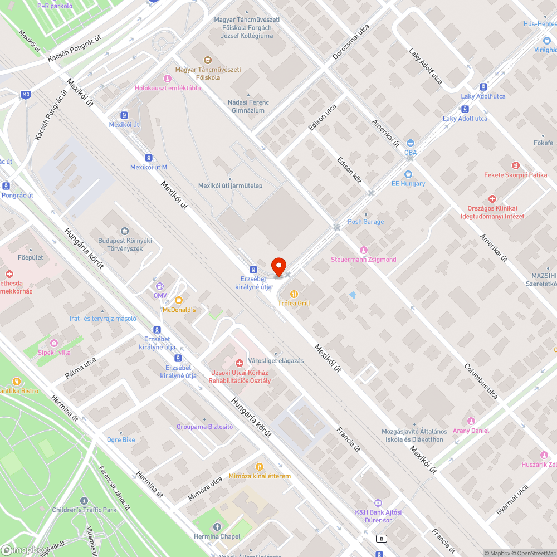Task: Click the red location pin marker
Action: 278,266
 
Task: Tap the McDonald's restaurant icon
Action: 179,300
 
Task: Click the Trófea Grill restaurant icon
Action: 294,294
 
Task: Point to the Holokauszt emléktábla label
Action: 168,88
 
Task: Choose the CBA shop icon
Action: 411,143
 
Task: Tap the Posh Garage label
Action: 365,222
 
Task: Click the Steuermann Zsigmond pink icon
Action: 364,250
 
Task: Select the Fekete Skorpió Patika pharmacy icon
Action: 515,165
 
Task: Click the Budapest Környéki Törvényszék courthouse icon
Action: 125,231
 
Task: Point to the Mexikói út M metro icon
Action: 149,158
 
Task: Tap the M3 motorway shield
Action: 26,95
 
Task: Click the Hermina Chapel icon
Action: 217,526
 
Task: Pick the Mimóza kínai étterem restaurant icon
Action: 259,467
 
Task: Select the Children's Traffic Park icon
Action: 84,500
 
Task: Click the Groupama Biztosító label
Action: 204,427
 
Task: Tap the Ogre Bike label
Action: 121,440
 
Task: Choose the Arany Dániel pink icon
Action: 471,421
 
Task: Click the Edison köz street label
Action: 349,170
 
